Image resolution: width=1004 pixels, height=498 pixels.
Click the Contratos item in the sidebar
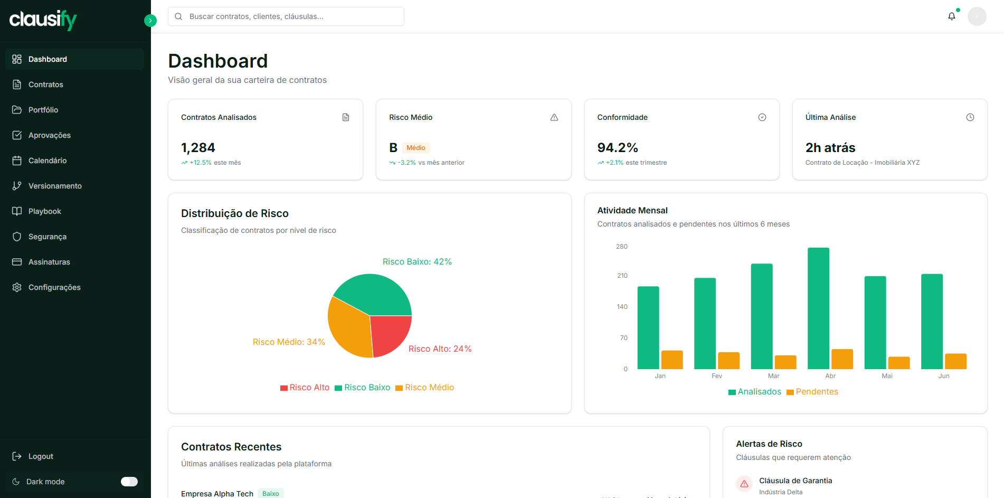[x=45, y=84]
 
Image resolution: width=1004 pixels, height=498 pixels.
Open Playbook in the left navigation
[x=44, y=211]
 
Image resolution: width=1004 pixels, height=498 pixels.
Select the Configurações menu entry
[x=54, y=287]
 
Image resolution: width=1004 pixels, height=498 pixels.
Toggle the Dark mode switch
[x=129, y=482]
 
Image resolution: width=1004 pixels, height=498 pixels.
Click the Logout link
[x=40, y=456]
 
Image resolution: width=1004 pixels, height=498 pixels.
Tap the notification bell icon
[x=951, y=16]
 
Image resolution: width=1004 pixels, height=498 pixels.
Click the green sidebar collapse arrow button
[x=150, y=21]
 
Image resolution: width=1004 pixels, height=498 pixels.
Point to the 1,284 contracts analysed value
[x=198, y=148]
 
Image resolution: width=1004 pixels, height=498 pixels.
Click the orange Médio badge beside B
[x=415, y=148]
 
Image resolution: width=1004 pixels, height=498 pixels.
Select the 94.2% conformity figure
[x=617, y=148]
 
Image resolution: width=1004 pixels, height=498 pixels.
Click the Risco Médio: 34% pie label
[x=289, y=342]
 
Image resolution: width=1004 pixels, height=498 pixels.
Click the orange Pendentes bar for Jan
[x=671, y=360]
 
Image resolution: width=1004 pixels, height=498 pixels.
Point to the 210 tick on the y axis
[x=622, y=276]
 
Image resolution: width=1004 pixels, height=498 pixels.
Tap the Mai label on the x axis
[x=887, y=376]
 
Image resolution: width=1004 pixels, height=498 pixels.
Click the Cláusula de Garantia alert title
[x=795, y=481]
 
